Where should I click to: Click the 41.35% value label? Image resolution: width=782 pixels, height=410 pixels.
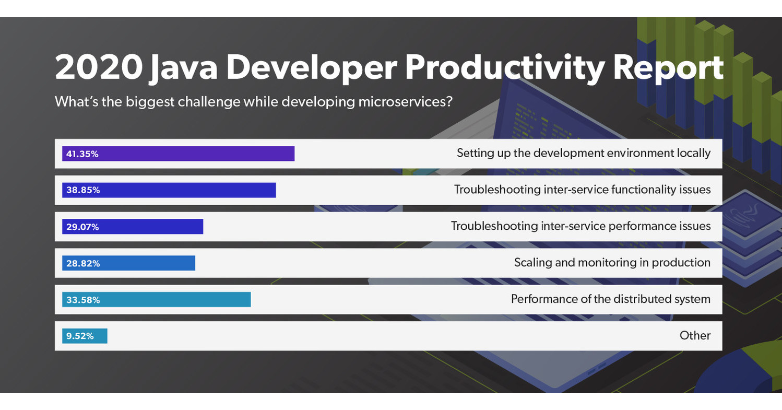tap(82, 154)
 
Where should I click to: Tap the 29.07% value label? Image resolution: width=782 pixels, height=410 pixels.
tap(82, 227)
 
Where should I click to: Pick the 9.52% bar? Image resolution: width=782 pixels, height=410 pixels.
tap(85, 336)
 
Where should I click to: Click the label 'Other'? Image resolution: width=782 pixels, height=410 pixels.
tap(695, 336)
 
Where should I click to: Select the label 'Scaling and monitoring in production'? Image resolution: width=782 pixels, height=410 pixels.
tap(612, 263)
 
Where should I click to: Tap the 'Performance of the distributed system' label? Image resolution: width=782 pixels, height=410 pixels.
tap(610, 299)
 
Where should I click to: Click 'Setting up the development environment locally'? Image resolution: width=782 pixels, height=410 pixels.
tap(583, 153)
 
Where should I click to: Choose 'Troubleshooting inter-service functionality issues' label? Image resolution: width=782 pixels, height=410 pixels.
tap(582, 190)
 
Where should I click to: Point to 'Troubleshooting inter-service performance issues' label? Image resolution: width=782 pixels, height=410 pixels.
tap(580, 226)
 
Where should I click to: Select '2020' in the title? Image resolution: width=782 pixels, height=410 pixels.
tap(98, 68)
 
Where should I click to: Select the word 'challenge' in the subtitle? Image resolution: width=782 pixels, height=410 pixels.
tap(209, 101)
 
